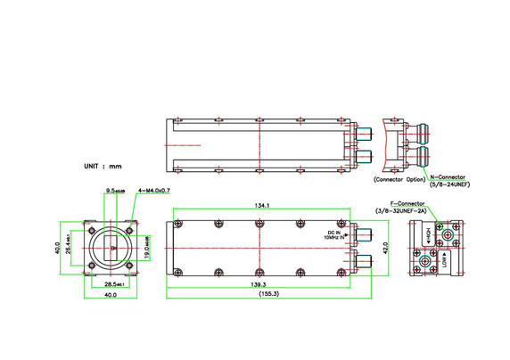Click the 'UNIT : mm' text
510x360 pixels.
(102, 166)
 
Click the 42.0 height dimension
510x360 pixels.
(384, 246)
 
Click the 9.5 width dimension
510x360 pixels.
(115, 190)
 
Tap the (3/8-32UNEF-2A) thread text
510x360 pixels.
(403, 210)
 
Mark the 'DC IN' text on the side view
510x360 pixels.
(334, 233)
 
